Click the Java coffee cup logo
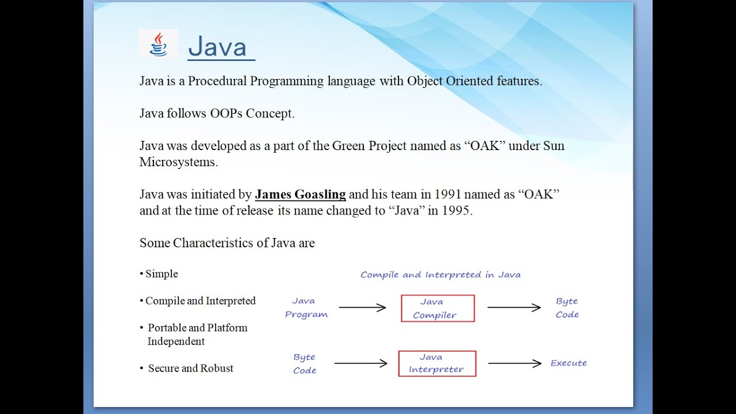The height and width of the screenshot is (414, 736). [158, 44]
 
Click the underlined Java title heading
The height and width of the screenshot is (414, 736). [217, 47]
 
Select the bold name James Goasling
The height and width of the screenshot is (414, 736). [300, 194]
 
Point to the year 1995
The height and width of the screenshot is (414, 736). [456, 210]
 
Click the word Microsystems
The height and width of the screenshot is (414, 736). [178, 162]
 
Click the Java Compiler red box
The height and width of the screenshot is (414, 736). [438, 308]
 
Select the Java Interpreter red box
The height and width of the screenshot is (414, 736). [437, 364]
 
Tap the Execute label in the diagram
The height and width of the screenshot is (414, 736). [568, 363]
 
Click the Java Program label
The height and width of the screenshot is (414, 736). [306, 308]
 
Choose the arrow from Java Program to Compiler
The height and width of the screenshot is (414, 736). [362, 308]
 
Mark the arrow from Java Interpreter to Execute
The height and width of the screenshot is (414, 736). [515, 363]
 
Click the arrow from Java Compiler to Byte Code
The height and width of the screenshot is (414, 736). [514, 308]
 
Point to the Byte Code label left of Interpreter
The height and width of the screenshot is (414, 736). [304, 364]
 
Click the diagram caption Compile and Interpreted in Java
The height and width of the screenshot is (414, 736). [440, 275]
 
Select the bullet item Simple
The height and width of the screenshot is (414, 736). [162, 274]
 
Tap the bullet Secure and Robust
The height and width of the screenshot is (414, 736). [190, 369]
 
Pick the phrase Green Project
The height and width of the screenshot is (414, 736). [369, 146]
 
